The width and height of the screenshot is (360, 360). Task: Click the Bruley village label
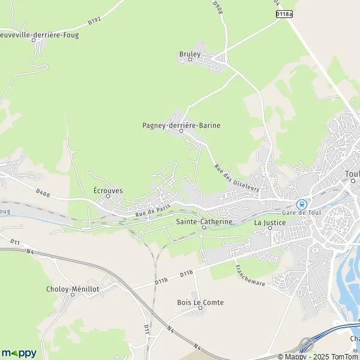[189, 53]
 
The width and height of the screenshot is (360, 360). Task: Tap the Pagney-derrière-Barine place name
[181, 125]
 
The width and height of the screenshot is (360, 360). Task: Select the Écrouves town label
[108, 191]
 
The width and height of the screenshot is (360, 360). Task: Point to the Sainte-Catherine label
[204, 221]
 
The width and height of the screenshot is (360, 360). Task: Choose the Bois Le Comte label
[200, 302]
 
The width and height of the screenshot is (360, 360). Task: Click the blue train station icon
[301, 204]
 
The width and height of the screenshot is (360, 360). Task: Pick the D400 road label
[42, 193]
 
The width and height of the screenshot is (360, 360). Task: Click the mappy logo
[19, 353]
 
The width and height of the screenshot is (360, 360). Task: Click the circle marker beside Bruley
[191, 59]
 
